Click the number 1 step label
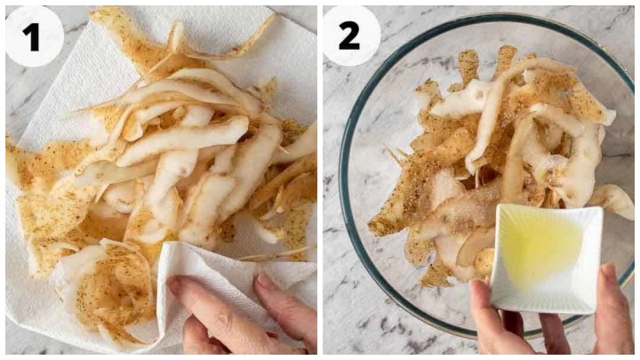[x=31, y=37]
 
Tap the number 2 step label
[x=349, y=36]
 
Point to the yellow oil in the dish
[x=543, y=245]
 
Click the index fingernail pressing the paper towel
[x=177, y=284]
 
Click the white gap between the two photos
[x=320, y=180]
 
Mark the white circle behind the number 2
[x=351, y=36]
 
